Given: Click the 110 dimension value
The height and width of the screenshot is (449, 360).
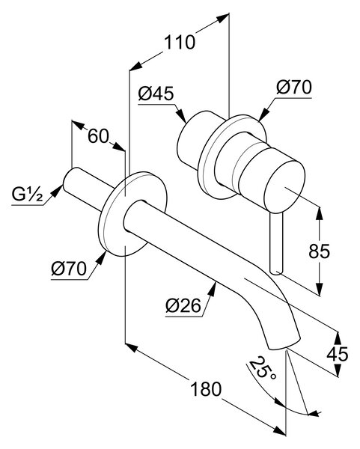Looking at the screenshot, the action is coord(180,43).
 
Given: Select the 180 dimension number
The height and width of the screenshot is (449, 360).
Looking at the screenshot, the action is coord(206,389).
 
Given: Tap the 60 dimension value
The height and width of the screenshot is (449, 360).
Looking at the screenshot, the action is coord(98,136).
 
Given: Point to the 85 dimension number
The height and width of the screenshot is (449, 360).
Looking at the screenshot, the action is coord(320,251).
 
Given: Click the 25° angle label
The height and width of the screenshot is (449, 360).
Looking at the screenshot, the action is coord(263,368).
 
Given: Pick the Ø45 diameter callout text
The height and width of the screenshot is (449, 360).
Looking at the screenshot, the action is coord(156,94).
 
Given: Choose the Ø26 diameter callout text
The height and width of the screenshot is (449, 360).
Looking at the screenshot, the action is coord(183,306).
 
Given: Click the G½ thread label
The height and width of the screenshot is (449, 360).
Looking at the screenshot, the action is coord(28,194).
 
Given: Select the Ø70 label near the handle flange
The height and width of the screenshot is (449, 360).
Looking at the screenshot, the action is coord(294,87).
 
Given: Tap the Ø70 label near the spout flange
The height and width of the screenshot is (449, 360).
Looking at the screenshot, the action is coord(69,269).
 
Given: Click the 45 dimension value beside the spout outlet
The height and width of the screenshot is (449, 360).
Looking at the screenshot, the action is coord(338,354).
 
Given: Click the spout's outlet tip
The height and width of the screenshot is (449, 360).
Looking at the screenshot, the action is coord(284,344).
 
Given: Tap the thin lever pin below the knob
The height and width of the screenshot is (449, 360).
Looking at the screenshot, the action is coord(277,243).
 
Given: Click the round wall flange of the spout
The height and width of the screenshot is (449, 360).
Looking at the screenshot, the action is coord(132,214).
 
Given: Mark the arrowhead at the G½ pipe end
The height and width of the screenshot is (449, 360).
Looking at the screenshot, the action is coord(57,191).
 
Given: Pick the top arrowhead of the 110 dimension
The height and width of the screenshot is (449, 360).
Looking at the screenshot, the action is coord(223,18).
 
